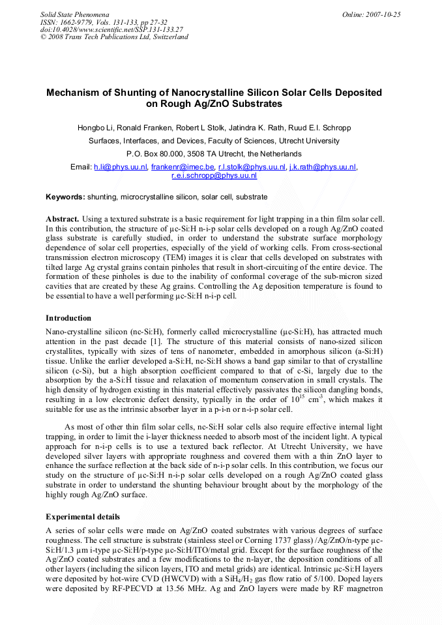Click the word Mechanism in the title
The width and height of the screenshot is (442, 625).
(x=74, y=93)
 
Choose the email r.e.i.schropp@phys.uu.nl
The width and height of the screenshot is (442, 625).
(x=214, y=176)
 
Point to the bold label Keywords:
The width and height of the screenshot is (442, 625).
(x=65, y=197)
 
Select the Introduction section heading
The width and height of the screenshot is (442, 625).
(x=68, y=318)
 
